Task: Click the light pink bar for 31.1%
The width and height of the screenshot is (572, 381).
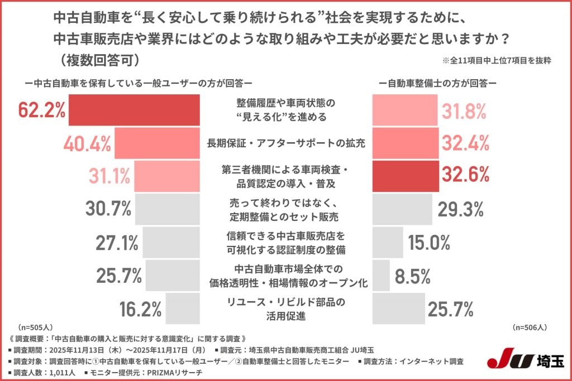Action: click(x=167, y=176)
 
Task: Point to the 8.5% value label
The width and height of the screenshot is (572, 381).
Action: click(x=411, y=275)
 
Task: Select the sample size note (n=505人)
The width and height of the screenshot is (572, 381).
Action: click(x=35, y=327)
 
